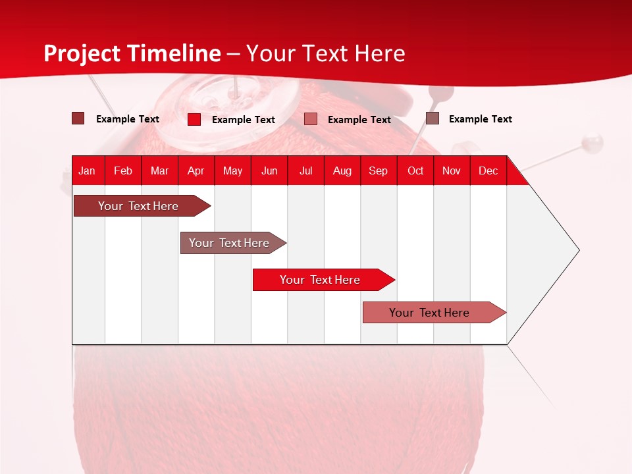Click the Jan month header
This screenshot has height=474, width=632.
(87, 171)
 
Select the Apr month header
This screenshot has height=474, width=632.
(196, 171)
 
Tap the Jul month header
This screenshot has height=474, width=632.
(305, 171)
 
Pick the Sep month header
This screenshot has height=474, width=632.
(378, 171)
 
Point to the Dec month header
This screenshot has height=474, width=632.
(488, 171)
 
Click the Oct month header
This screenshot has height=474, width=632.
(415, 171)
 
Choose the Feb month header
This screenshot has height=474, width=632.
(123, 171)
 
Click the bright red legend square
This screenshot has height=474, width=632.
(194, 119)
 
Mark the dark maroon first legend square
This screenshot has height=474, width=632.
(78, 118)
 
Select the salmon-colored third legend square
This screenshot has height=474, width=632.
(311, 119)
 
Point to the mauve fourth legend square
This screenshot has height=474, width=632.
(433, 118)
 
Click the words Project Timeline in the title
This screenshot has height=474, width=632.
(132, 53)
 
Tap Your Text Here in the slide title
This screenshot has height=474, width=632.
(326, 53)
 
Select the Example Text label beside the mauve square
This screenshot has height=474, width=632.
(480, 119)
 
